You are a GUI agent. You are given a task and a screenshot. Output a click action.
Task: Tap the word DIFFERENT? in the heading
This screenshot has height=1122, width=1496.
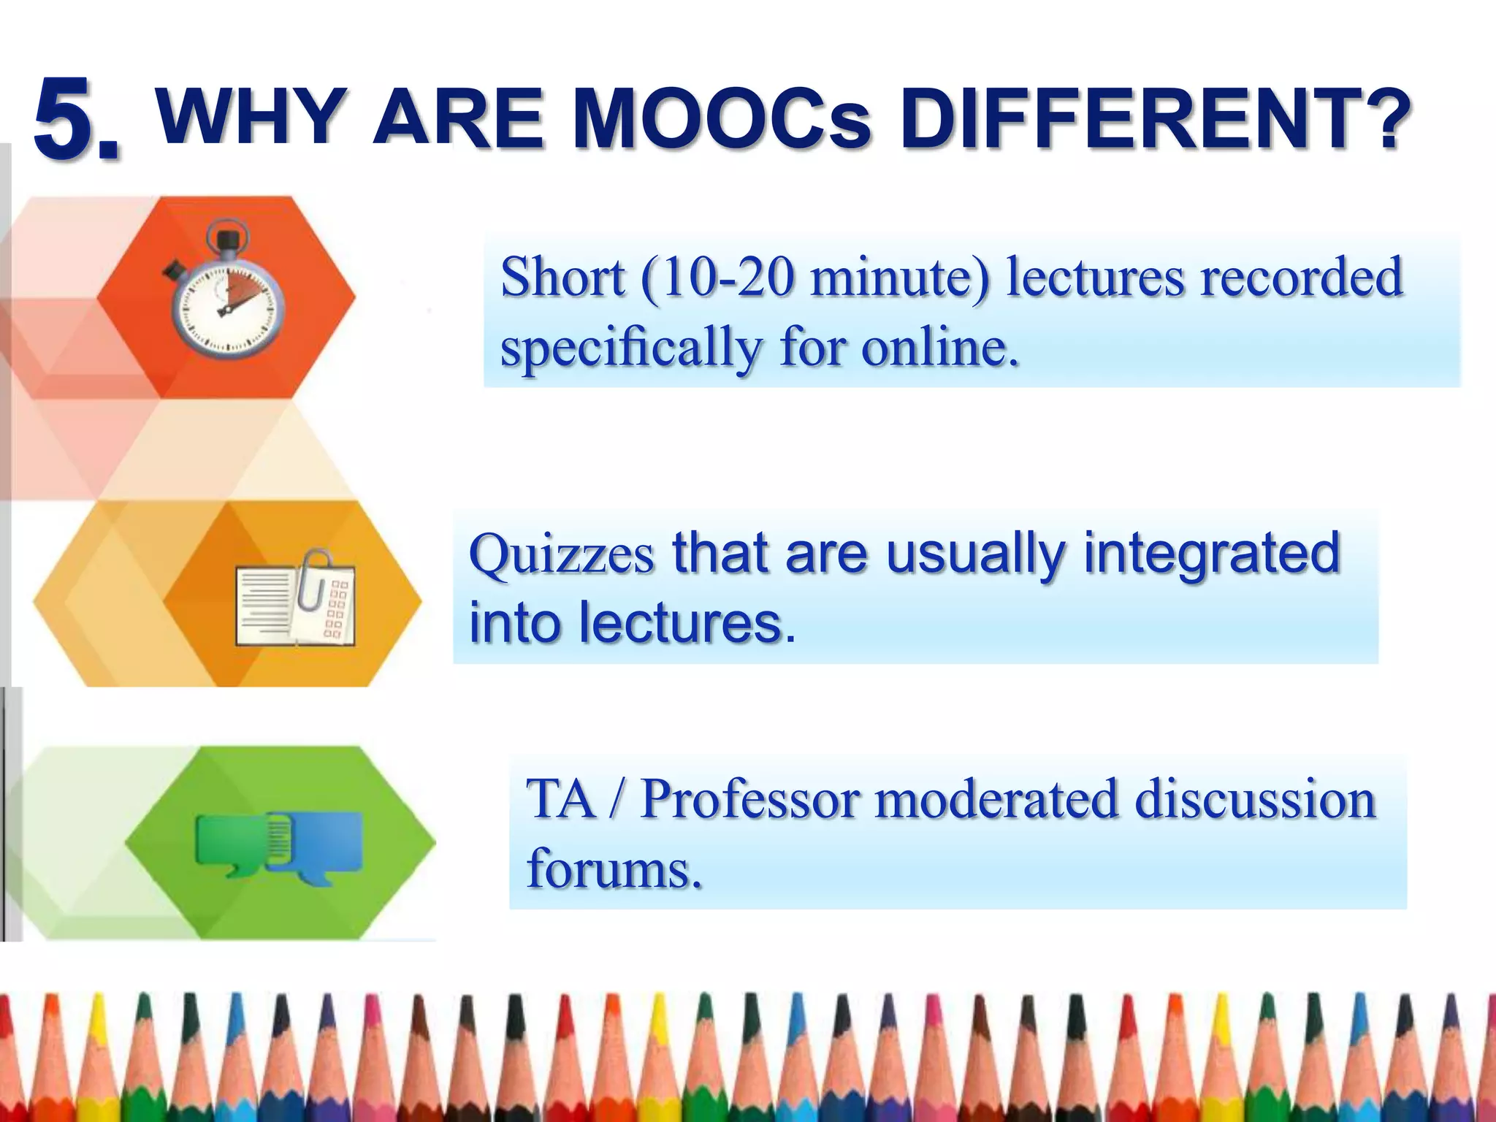1151,118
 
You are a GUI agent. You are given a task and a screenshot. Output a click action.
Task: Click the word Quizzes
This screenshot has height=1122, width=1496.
561,555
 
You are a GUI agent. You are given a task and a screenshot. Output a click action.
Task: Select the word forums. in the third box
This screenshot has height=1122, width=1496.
614,869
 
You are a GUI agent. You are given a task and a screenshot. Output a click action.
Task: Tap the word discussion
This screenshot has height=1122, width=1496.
1255,799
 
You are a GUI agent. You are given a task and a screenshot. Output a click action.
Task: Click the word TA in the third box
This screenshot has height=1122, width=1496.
560,799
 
